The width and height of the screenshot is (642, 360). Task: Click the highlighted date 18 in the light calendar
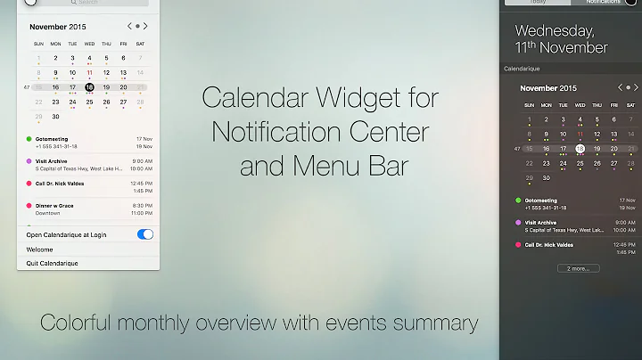pyautogui.click(x=89, y=87)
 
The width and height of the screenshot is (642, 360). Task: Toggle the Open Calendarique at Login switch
pyautogui.click(x=145, y=234)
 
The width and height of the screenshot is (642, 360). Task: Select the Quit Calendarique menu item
pyautogui.click(x=53, y=264)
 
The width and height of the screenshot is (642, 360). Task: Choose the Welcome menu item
pyautogui.click(x=40, y=250)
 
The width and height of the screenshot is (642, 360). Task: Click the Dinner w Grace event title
pyautogui.click(x=55, y=206)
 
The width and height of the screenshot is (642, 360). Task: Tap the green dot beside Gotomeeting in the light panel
pyautogui.click(x=29, y=139)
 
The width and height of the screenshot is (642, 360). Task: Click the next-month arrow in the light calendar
pyautogui.click(x=146, y=26)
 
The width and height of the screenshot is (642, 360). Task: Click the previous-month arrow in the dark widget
pyautogui.click(x=621, y=87)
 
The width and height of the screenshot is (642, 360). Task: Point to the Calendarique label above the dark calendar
pyautogui.click(x=523, y=68)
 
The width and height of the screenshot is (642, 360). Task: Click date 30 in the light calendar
pyautogui.click(x=55, y=116)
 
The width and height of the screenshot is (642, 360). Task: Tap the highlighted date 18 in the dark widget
pyautogui.click(x=580, y=149)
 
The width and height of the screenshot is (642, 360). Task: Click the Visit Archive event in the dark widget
pyautogui.click(x=541, y=223)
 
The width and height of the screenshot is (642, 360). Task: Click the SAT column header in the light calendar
pyautogui.click(x=140, y=44)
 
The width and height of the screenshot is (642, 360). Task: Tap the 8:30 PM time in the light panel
pyautogui.click(x=142, y=206)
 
